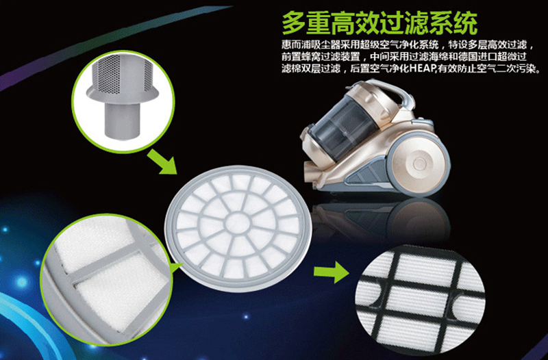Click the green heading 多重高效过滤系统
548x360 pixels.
point(379,23)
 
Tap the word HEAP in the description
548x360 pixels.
point(421,68)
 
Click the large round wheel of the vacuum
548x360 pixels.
point(419,164)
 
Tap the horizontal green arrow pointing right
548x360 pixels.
point(331,271)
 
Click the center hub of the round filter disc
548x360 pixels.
point(238,224)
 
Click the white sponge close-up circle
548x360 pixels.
point(106,280)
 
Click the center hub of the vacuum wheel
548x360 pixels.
point(419,164)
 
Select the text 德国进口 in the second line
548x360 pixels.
point(475,57)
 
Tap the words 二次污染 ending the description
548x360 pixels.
point(516,68)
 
